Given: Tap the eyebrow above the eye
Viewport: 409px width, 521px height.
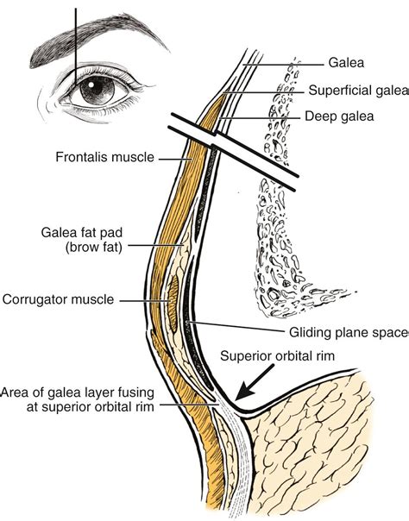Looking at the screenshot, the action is [97, 36].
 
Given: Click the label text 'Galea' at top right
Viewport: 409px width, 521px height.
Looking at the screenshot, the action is [346, 62].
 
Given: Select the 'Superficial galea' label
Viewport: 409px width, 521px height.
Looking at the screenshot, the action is [358, 90].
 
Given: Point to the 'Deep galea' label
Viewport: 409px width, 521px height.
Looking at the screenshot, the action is [339, 116].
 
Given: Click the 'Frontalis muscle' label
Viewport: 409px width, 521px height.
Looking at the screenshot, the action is [105, 157].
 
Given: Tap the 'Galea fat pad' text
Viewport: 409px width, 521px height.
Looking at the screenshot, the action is [82, 232].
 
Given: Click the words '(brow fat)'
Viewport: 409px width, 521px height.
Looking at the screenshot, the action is [94, 248].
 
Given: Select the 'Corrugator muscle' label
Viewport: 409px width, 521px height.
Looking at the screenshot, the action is [58, 299].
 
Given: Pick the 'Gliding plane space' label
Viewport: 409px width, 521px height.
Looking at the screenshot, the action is [349, 332].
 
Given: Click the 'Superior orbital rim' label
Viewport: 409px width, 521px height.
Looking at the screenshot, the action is [278, 356].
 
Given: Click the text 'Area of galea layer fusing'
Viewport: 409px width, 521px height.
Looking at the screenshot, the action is [78, 392].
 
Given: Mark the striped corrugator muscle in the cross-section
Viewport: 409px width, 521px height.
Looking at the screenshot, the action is [173, 304].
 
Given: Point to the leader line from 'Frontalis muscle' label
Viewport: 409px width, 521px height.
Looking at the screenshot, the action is [175, 160].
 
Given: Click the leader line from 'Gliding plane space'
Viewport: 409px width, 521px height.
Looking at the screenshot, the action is [236, 326].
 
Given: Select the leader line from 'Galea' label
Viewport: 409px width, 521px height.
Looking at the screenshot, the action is [283, 65].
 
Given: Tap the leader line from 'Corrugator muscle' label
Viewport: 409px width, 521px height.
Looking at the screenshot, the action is [145, 301].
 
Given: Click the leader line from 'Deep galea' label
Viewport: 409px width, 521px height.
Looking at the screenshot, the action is [261, 117].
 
